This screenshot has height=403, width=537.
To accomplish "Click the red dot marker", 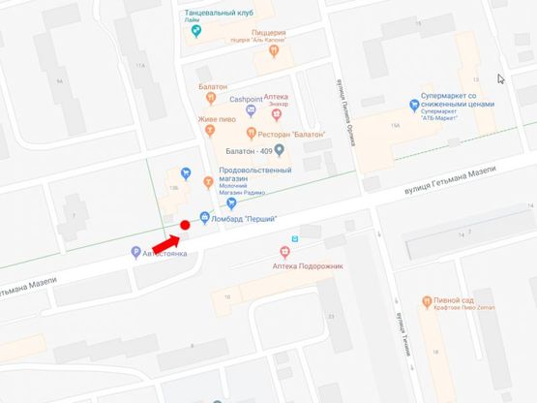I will point(185,225).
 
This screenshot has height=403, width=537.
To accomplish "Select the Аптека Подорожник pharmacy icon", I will point(284,252).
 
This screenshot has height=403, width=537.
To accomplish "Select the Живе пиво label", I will point(218,119).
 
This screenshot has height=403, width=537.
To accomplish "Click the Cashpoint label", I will point(246,99).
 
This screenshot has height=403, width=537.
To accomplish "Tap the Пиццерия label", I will point(270,32).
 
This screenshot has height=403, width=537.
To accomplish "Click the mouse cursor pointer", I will point(500,79).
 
